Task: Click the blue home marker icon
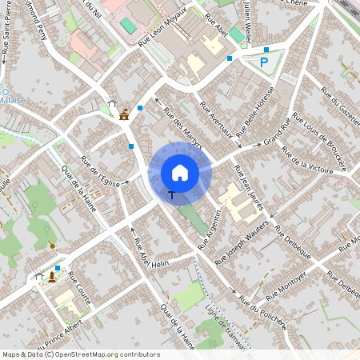tap(180, 173)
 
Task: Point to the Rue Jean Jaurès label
tap(248, 189)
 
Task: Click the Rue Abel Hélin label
tap(152, 255)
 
